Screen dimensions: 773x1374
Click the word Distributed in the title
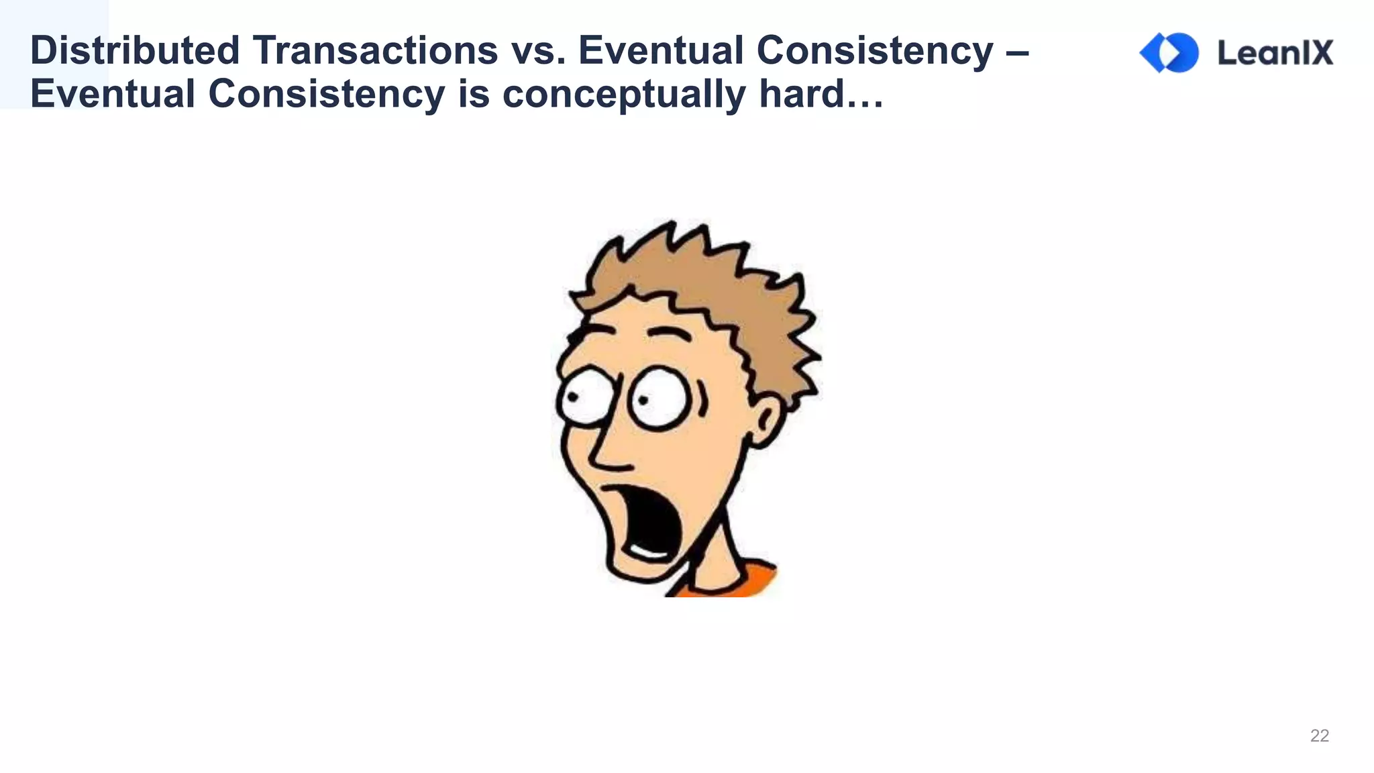click(134, 51)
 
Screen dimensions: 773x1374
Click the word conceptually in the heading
click(623, 94)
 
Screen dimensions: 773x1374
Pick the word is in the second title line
click(474, 94)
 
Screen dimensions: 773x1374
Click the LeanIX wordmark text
click(1275, 52)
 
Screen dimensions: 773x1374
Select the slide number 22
click(1319, 735)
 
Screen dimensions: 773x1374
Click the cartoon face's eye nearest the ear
click(659, 399)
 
